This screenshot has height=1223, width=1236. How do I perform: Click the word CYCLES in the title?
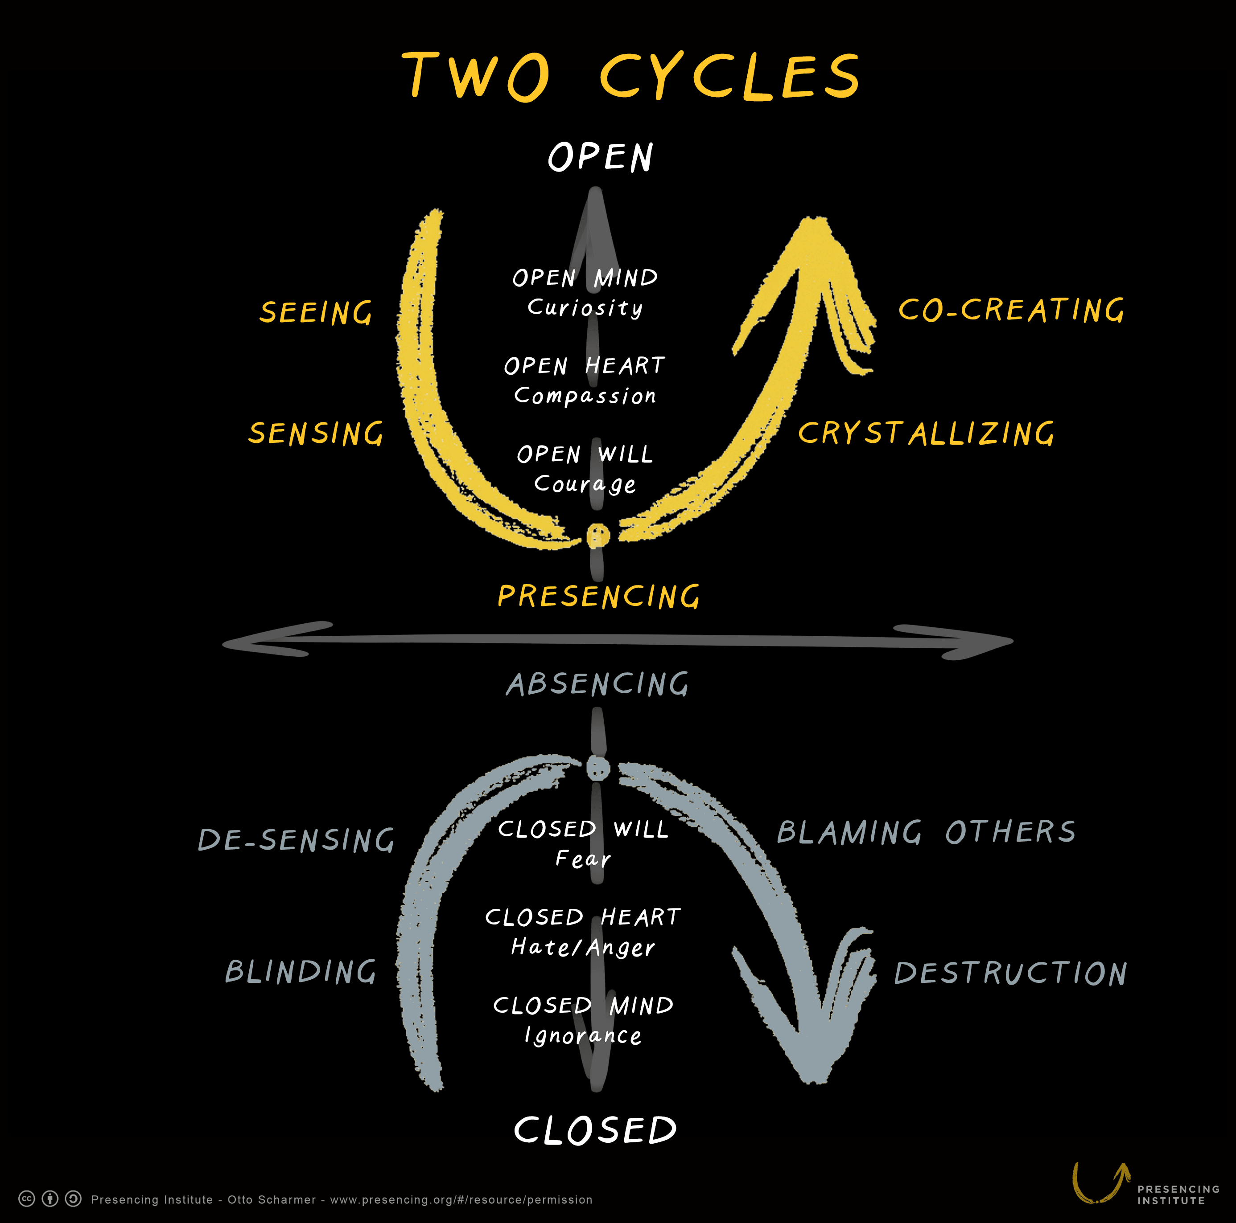730,77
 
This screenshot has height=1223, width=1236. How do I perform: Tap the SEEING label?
315,313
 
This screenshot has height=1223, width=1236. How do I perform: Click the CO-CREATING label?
1011,310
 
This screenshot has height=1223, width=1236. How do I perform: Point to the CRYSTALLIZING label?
926,434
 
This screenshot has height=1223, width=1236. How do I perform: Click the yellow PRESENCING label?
599,597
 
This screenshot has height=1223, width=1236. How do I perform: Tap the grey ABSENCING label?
597,684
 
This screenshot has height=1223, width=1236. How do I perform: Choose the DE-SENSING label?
296,840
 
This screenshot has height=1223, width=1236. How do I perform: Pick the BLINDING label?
301,972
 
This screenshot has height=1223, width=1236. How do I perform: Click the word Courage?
585,484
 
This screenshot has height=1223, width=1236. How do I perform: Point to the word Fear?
583,859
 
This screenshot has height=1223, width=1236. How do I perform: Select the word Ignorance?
583,1035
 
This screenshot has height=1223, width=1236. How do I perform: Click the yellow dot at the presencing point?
598,536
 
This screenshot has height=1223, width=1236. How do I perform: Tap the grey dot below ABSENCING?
598,768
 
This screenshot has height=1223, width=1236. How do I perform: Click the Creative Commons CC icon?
27,1198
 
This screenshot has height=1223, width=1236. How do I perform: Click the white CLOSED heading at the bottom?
595,1130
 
